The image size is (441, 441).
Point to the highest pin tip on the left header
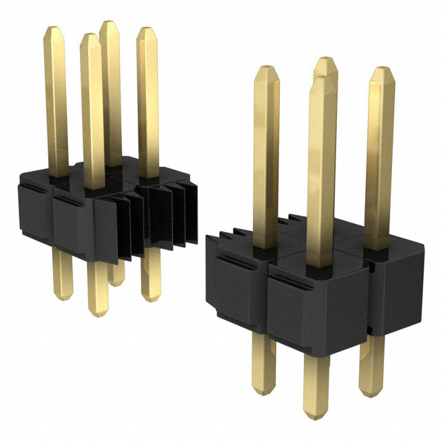coord(109,25)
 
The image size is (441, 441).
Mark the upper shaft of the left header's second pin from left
coord(92,103)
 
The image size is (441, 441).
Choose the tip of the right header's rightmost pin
coord(380,73)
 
